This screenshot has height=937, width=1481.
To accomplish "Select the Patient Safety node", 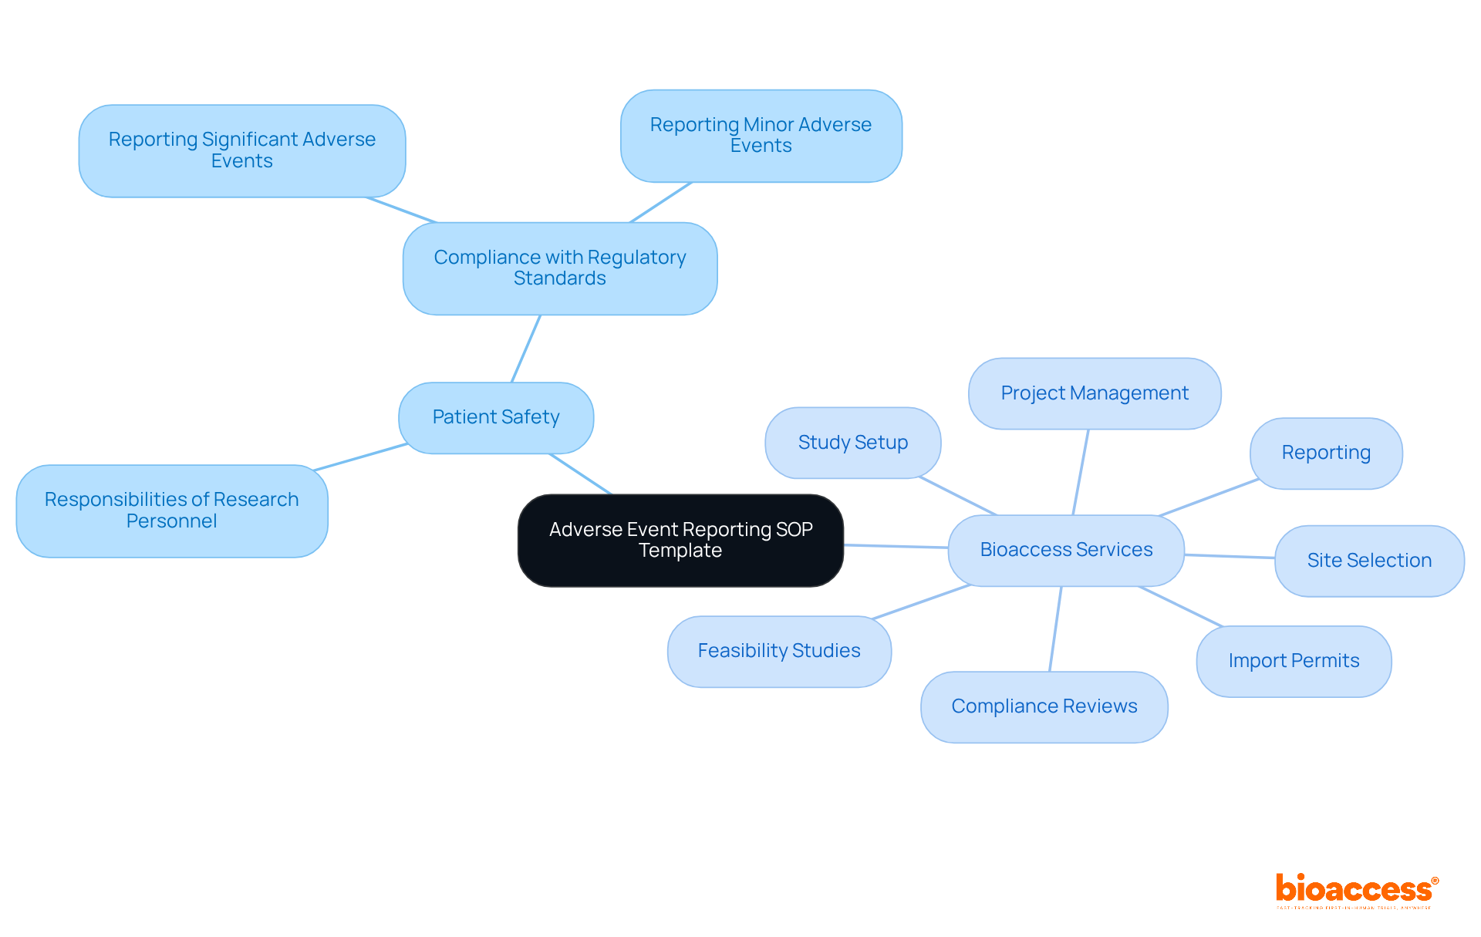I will click(x=496, y=417).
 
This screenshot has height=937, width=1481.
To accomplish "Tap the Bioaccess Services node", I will click(x=1066, y=550).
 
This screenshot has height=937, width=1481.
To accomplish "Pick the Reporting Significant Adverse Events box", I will click(x=241, y=150).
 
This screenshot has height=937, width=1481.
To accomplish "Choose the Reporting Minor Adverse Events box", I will click(x=761, y=136).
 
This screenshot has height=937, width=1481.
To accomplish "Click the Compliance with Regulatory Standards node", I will click(x=560, y=268).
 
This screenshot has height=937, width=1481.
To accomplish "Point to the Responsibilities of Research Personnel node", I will click(x=171, y=511).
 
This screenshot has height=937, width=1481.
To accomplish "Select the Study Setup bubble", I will click(x=852, y=443).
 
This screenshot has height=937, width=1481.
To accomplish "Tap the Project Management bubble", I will click(x=1094, y=393).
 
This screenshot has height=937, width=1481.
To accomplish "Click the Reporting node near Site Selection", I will click(x=1326, y=453).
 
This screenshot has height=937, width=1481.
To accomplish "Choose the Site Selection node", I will click(x=1369, y=561).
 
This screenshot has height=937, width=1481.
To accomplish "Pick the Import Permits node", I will click(x=1294, y=661).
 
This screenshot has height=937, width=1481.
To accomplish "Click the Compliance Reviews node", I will click(x=1044, y=706).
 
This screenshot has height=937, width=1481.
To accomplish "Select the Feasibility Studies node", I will click(x=779, y=651).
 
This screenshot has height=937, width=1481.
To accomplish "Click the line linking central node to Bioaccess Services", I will click(x=896, y=546).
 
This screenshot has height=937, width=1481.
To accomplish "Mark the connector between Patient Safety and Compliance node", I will click(x=526, y=349).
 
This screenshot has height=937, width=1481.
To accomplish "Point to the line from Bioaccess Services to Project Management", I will click(x=1081, y=472).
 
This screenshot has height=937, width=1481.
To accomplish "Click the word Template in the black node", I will click(x=680, y=551).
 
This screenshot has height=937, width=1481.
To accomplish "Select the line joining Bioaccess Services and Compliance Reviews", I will click(x=1055, y=629).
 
